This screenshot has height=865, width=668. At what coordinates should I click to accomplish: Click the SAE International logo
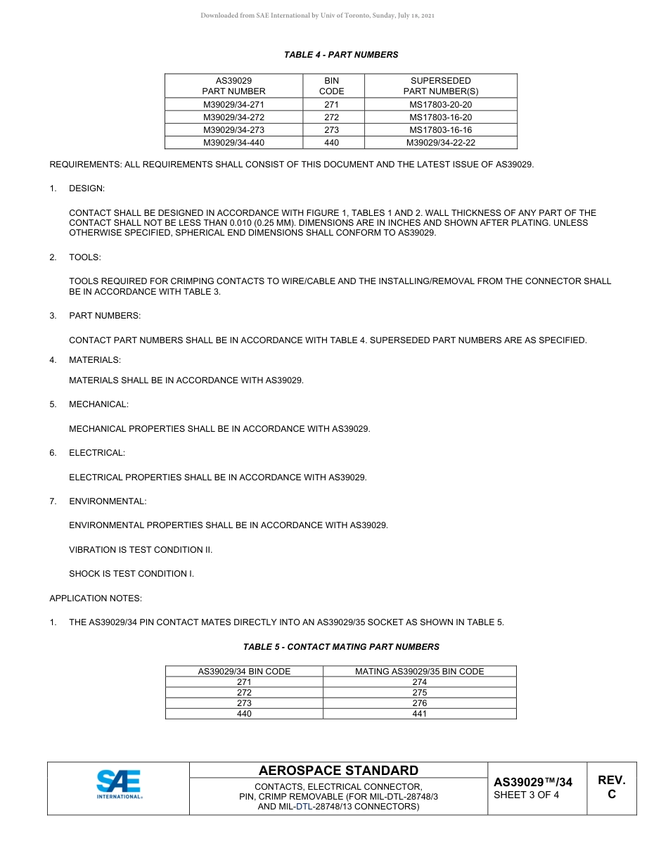click(x=119, y=785)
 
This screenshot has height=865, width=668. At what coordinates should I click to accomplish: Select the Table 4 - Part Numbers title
click(x=341, y=55)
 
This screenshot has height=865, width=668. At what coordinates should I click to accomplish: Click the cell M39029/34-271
click(x=233, y=104)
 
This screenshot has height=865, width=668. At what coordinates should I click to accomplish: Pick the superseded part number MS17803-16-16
click(x=441, y=130)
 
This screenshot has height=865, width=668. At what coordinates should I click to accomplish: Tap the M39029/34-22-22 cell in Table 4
click(x=441, y=143)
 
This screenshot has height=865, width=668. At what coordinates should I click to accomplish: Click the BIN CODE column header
click(x=332, y=86)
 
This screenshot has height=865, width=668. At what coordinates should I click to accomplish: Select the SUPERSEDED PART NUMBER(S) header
click(x=441, y=86)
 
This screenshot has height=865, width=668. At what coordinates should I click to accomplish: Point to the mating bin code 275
click(x=419, y=693)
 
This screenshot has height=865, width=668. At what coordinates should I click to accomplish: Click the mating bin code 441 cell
click(x=419, y=714)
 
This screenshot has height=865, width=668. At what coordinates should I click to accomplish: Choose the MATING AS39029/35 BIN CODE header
click(x=419, y=672)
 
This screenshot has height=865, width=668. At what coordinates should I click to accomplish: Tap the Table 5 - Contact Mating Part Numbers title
click(x=341, y=647)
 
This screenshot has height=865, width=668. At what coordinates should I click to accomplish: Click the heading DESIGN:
click(x=86, y=189)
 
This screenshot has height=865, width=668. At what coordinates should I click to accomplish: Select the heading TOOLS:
click(x=84, y=257)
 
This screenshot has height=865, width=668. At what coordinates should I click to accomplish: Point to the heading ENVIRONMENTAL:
click(x=108, y=501)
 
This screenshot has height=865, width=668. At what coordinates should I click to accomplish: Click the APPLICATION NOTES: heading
click(x=96, y=598)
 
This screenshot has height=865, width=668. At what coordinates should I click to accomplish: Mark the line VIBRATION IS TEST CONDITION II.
click(x=141, y=550)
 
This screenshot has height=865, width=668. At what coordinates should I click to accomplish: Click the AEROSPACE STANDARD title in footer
click(x=338, y=771)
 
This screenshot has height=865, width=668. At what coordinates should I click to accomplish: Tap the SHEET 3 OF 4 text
click(x=527, y=795)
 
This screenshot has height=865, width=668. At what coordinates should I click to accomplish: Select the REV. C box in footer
click(x=611, y=787)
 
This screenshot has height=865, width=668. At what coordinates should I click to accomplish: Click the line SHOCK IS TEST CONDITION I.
click(x=131, y=574)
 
